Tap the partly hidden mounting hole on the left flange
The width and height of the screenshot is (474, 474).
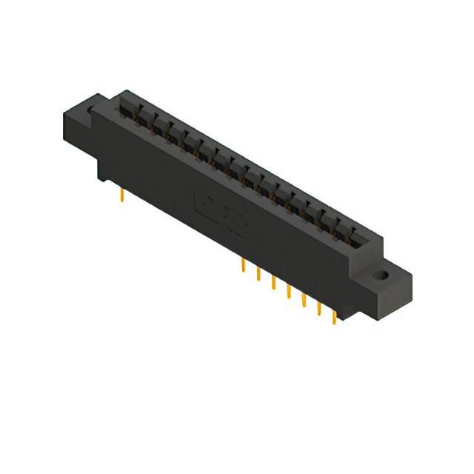tap(92, 111)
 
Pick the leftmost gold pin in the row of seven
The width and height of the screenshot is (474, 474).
tap(243, 266)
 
